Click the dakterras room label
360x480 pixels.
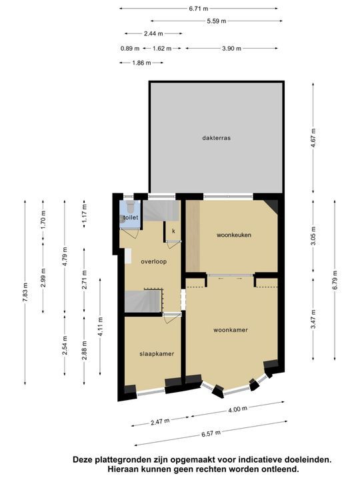(x=217, y=138)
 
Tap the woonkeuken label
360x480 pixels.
(x=233, y=235)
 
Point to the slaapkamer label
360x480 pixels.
(x=157, y=353)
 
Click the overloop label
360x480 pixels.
(x=153, y=261)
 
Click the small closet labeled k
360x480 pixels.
(x=173, y=231)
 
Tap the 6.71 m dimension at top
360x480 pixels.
(x=199, y=8)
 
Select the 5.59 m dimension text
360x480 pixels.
(x=216, y=21)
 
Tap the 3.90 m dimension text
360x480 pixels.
(x=231, y=48)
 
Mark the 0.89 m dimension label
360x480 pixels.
(x=130, y=48)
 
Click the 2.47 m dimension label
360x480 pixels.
(x=159, y=421)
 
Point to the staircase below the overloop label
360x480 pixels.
(x=143, y=302)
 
